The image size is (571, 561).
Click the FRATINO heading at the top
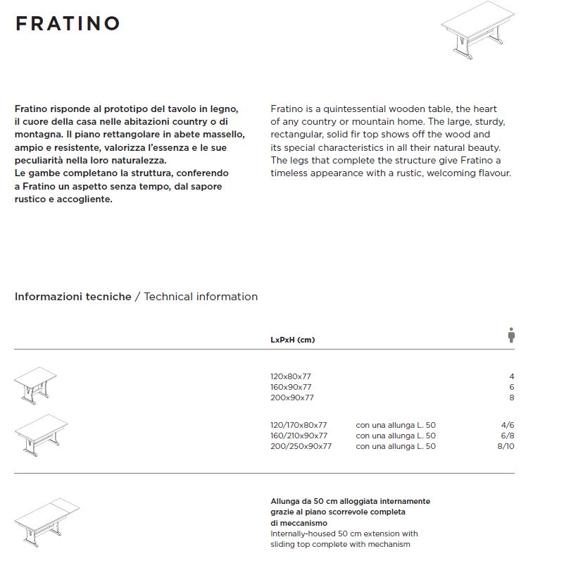click(x=68, y=23)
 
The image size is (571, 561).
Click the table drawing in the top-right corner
click(x=477, y=32)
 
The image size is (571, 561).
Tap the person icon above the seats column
click(x=511, y=335)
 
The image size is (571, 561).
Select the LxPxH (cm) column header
click(x=292, y=340)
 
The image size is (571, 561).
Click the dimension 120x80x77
click(x=291, y=376)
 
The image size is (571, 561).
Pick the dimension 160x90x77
click(x=291, y=387)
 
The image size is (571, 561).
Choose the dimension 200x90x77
click(x=291, y=397)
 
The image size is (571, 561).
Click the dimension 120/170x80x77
click(x=299, y=425)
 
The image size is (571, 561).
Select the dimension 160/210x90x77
click(x=299, y=436)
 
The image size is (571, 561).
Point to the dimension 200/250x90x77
click(x=301, y=446)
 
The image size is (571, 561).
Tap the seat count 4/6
click(x=507, y=425)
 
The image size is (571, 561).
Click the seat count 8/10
click(x=506, y=446)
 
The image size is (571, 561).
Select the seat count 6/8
click(x=507, y=436)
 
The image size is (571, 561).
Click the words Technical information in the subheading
click(x=201, y=297)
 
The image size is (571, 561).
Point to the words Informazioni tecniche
click(x=73, y=297)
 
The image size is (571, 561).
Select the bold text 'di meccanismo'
click(x=299, y=522)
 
